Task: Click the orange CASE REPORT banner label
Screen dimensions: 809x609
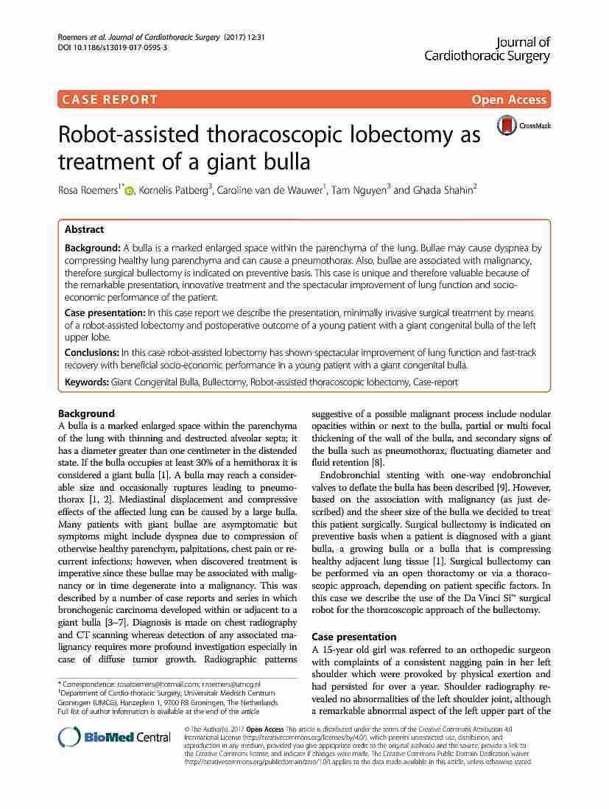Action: coord(110,99)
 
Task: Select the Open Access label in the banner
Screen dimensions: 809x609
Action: coord(509,99)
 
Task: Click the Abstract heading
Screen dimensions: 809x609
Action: coord(85,229)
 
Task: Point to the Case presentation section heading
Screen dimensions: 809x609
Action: coord(354,636)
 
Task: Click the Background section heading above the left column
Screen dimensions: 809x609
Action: coord(86,413)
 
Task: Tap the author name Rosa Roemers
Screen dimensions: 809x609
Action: coord(89,191)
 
